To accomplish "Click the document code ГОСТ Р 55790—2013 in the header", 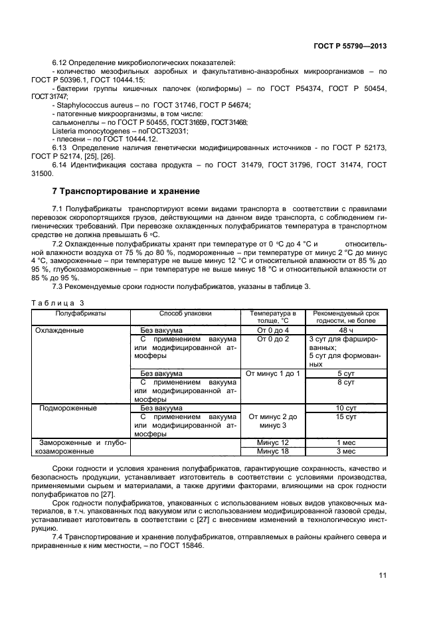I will click(x=350, y=47).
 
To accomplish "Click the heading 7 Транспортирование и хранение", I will click(x=126, y=191).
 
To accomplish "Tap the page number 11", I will click(x=383, y=575).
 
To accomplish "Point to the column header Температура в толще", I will click(x=273, y=316).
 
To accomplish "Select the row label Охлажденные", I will click(x=60, y=329).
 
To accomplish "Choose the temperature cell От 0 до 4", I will click(x=273, y=329).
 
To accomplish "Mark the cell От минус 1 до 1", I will click(x=273, y=373).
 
